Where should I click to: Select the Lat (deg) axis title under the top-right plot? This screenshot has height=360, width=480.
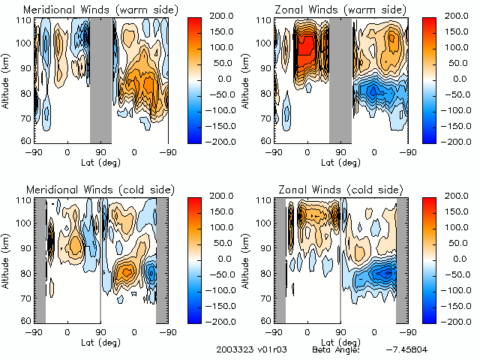pos(340,161)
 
